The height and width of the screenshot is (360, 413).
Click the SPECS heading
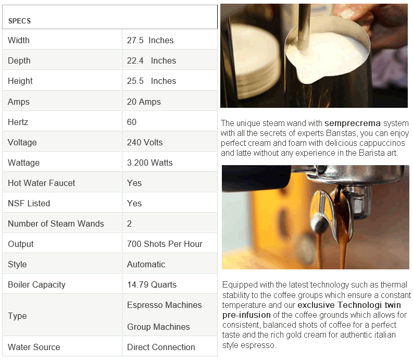19,21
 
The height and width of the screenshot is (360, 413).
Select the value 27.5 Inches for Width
150,40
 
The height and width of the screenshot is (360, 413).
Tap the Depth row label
19,60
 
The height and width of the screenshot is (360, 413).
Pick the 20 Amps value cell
144,102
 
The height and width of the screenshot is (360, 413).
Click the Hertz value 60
132,122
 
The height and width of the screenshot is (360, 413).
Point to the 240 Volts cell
145,142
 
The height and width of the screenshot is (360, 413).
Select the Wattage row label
24,163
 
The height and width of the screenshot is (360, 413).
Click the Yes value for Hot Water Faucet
134,183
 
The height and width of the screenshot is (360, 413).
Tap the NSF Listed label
29,203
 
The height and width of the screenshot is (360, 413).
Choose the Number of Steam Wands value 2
129,224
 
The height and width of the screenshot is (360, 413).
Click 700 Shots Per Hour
165,244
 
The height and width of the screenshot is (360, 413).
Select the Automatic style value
146,264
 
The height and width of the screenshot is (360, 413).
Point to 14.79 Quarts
152,284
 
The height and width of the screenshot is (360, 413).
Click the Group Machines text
158,327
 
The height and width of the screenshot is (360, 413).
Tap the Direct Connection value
161,347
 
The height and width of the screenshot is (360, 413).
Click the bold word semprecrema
353,123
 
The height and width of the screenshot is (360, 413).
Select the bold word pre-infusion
246,315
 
